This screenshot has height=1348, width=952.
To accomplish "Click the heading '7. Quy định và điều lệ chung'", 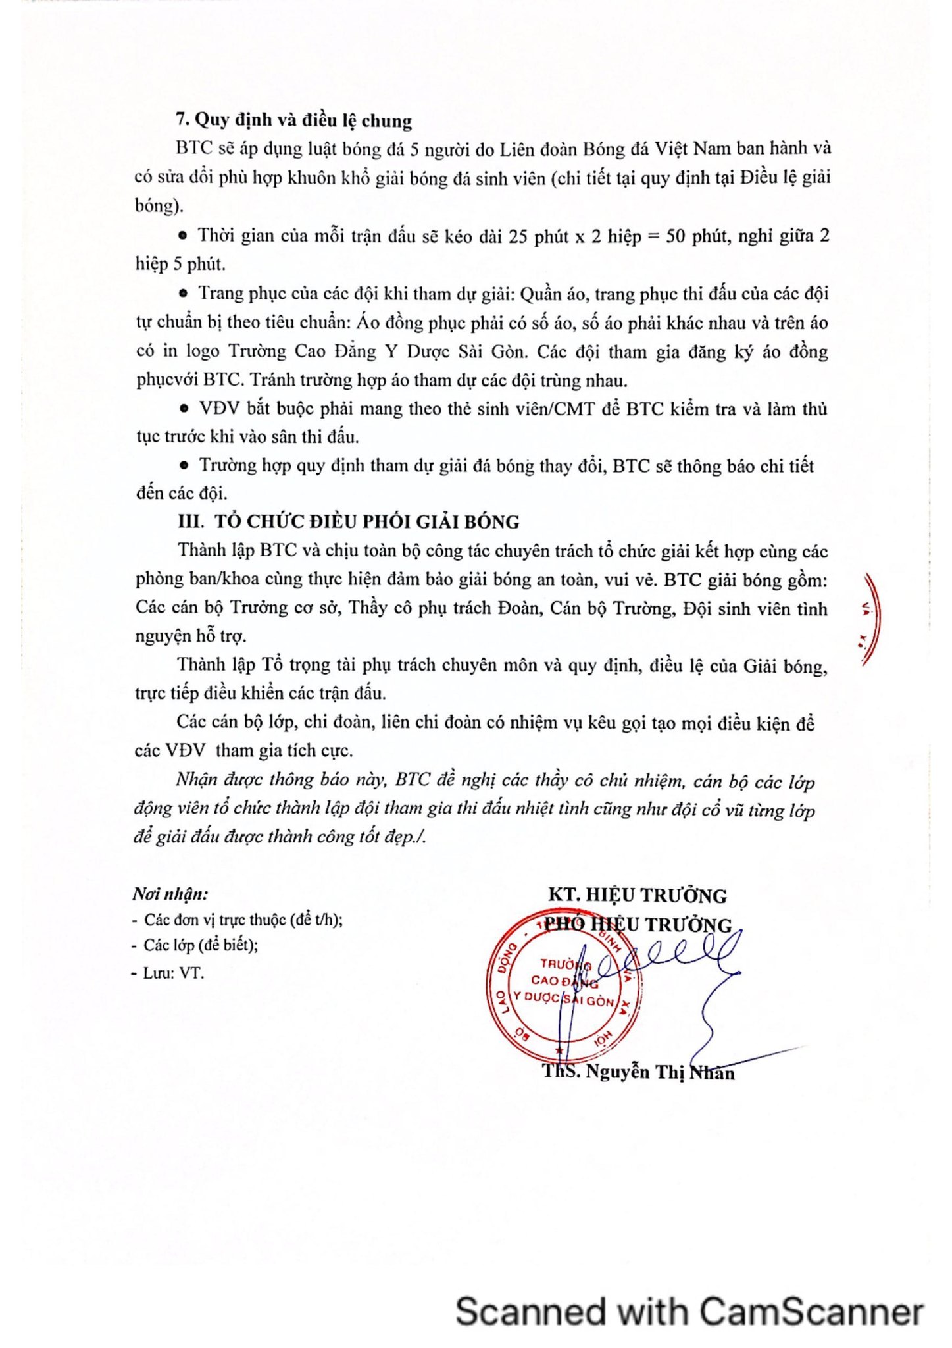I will click(293, 120).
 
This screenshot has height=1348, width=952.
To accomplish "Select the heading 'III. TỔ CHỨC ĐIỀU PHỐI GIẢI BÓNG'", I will click(348, 522).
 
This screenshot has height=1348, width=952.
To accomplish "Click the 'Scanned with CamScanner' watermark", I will click(689, 1310).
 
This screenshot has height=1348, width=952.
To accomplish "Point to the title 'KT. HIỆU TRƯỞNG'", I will click(637, 896).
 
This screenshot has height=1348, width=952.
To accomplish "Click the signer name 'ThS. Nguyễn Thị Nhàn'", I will click(638, 1072).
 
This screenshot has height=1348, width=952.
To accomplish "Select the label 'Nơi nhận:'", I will click(170, 894).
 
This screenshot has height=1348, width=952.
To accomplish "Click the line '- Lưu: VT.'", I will click(168, 972).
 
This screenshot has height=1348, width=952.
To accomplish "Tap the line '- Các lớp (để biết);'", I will click(195, 945).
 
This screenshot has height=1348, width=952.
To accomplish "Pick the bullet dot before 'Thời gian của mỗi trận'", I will click(184, 235).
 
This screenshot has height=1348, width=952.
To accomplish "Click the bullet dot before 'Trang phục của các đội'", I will click(184, 293).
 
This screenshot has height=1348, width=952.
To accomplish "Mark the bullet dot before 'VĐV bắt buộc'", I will click(184, 409).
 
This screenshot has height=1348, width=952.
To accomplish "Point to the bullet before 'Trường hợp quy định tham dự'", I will click(184, 465).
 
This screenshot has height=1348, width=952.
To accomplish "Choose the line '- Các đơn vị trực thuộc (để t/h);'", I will click(238, 920).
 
